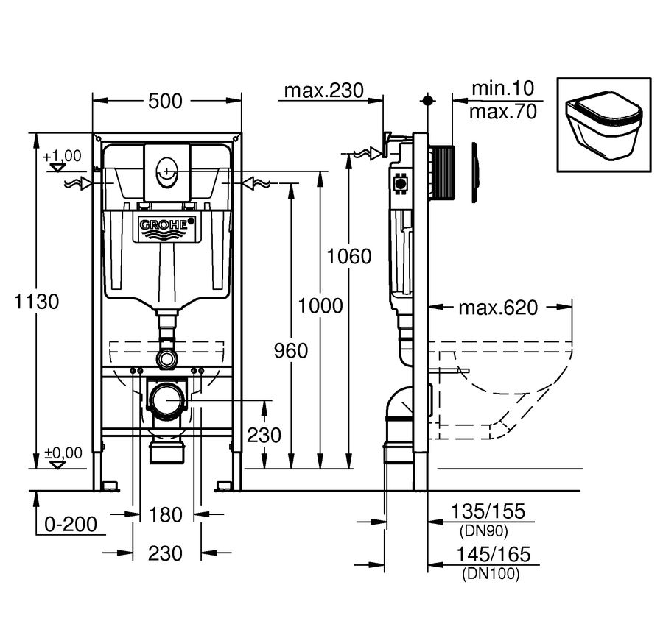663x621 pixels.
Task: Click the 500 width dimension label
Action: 165,101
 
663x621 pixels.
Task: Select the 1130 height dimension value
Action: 36,302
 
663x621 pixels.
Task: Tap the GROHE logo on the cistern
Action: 168,224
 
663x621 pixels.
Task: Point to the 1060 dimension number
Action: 349,256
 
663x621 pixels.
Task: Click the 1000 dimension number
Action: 320,305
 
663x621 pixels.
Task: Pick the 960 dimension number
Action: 291,351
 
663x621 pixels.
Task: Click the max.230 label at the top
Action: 324,91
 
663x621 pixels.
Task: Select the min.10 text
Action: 502,88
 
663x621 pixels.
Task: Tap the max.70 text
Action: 503,112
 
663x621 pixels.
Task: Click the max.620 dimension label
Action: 498,308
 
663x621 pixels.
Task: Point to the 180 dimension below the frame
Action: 166,514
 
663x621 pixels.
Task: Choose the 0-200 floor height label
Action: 71,525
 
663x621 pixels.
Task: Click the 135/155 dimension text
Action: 488,511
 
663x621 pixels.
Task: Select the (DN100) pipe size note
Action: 491,574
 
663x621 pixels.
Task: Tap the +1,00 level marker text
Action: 62,156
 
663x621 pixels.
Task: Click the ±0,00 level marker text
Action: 63,453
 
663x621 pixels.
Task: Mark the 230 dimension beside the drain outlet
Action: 264,435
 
